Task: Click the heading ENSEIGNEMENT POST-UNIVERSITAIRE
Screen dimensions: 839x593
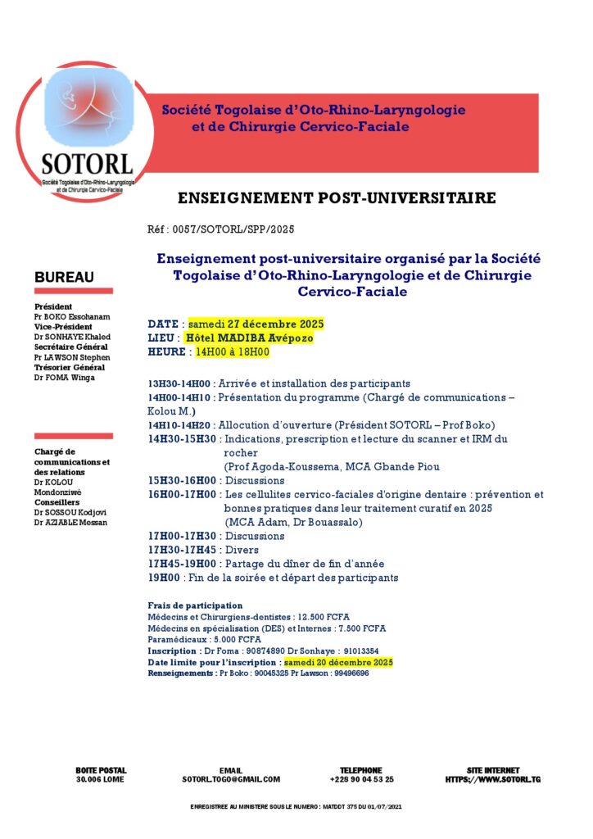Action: click(337, 198)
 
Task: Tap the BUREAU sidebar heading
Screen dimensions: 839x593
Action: click(64, 278)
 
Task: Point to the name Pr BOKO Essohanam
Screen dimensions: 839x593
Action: click(72, 317)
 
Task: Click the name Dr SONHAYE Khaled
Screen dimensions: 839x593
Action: click(72, 337)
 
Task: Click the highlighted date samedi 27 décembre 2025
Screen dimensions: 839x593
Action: click(251, 324)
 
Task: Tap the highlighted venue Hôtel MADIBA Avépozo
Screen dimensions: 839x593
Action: click(249, 338)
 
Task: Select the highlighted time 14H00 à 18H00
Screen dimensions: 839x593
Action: click(232, 351)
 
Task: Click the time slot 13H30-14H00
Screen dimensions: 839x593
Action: click(179, 383)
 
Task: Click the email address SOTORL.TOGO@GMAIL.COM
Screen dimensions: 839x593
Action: click(231, 780)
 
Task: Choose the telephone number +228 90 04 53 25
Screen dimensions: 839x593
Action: click(361, 780)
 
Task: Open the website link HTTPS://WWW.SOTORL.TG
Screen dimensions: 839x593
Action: click(492, 780)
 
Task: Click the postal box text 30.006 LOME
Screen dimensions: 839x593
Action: click(101, 780)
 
